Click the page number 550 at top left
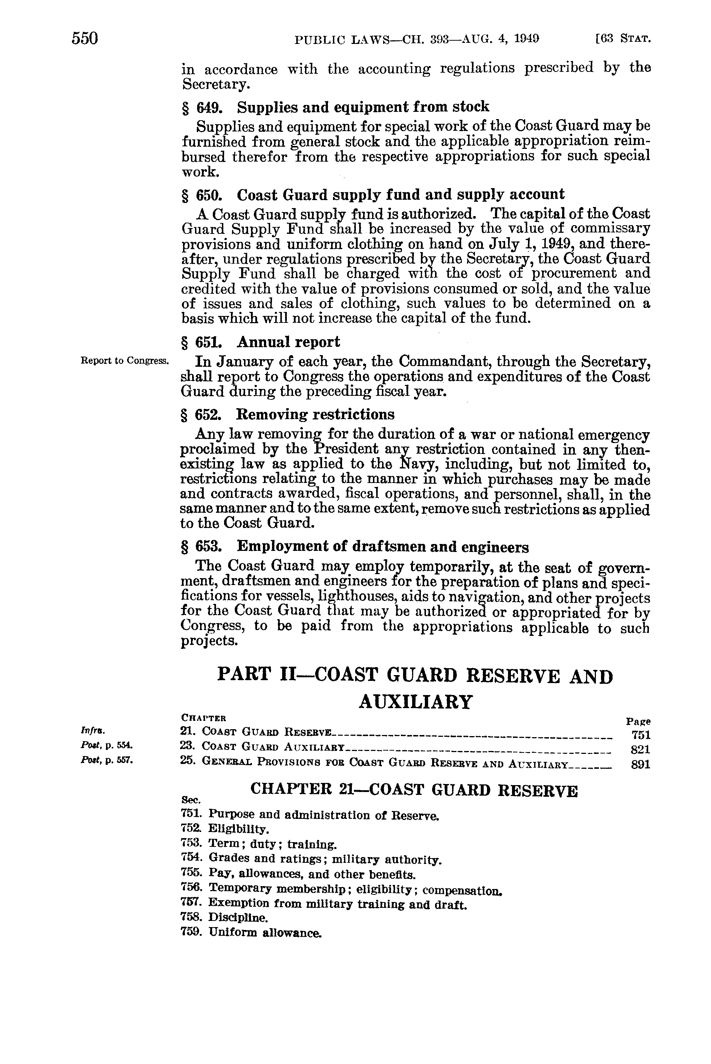click(85, 38)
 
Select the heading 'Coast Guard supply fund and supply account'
click(401, 195)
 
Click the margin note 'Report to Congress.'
click(125, 361)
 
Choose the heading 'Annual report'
click(288, 342)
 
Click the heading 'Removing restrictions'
click(316, 414)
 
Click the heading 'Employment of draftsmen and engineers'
click(383, 547)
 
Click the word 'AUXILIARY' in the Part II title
click(415, 702)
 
